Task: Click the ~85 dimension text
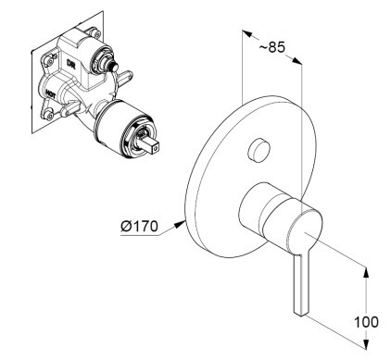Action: pos(271,47)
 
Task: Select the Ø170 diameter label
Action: pos(139,227)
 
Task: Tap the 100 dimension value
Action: pos(366,322)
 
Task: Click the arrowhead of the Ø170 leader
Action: pos(180,224)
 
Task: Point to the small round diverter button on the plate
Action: pos(259,150)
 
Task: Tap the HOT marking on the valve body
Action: pos(50,93)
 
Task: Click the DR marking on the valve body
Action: pos(70,64)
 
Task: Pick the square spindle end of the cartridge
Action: pos(152,145)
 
